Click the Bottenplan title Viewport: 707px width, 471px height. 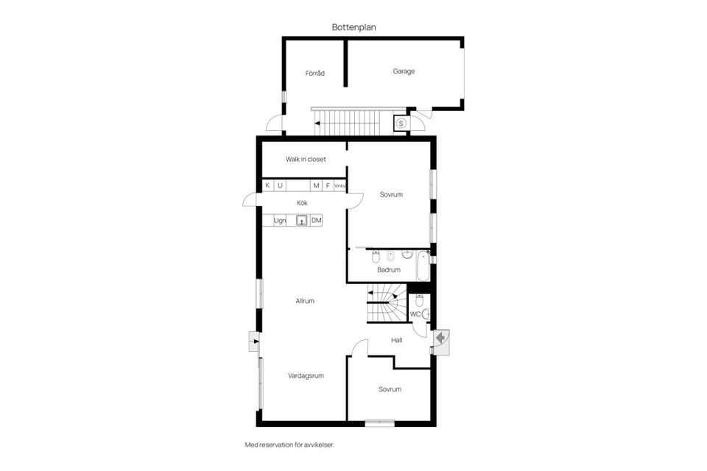[x=354, y=27]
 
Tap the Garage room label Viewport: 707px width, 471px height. [x=404, y=71]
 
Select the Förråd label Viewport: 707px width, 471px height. [x=314, y=73]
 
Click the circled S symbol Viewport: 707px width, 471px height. [x=401, y=123]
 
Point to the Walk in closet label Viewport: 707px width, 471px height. [x=306, y=159]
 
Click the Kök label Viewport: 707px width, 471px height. [x=302, y=203]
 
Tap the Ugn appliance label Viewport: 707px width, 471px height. [x=280, y=220]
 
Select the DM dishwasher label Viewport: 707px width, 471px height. [x=317, y=220]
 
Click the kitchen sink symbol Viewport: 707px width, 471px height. [x=302, y=220]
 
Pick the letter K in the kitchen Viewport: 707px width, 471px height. [x=267, y=185]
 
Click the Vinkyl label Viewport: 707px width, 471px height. [x=340, y=185]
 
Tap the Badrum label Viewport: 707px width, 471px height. [x=389, y=269]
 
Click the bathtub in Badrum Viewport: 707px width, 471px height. [x=423, y=266]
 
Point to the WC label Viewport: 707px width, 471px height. [x=415, y=314]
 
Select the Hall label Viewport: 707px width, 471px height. [x=397, y=340]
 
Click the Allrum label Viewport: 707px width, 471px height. [x=305, y=300]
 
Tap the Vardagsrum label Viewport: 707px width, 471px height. [x=306, y=375]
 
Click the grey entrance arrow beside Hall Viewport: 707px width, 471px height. [x=440, y=337]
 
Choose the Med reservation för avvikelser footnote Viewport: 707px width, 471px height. [x=289, y=445]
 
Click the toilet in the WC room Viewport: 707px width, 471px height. [x=419, y=300]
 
